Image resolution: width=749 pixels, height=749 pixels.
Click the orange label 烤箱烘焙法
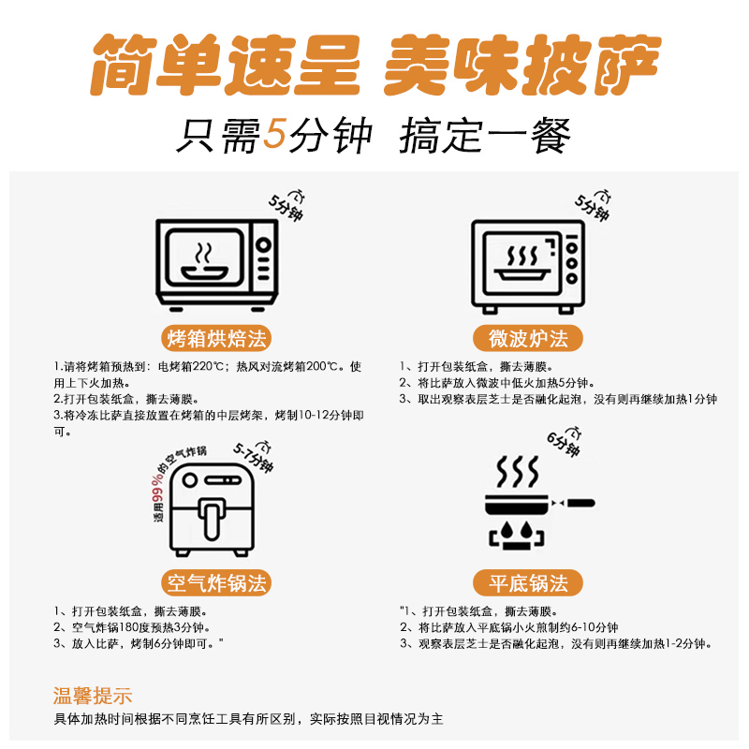click(216, 338)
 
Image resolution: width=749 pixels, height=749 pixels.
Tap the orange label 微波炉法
click(528, 338)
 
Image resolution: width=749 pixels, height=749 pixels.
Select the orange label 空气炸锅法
click(216, 584)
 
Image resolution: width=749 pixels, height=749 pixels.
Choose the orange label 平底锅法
click(528, 584)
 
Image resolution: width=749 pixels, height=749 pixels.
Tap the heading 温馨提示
click(93, 696)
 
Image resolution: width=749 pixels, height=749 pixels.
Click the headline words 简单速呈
click(224, 63)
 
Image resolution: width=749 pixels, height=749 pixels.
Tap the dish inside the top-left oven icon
click(204, 272)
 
